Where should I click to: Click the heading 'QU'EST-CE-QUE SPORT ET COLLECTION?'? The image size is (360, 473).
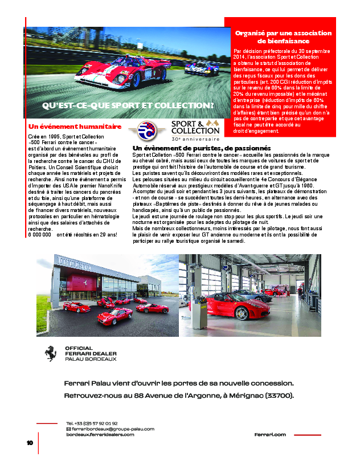(x=128, y=106)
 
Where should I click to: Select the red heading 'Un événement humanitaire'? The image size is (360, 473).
(x=75, y=126)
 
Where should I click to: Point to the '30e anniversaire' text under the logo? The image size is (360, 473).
(x=195, y=138)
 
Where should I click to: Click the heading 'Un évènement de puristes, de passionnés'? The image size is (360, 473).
(x=197, y=148)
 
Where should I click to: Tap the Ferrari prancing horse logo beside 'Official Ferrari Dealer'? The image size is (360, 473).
(x=51, y=353)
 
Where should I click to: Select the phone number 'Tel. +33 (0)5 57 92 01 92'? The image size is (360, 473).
(x=92, y=423)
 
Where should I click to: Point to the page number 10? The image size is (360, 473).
(x=30, y=443)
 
